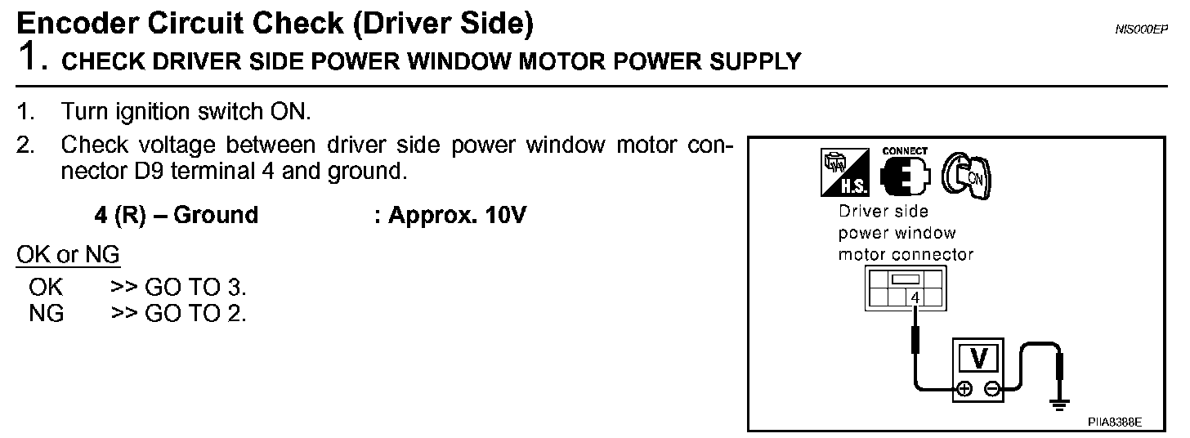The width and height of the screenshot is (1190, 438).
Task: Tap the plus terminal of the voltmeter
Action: pos(965,390)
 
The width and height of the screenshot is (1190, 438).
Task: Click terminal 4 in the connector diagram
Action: pos(915,298)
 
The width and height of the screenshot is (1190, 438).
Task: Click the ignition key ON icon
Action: pos(969,175)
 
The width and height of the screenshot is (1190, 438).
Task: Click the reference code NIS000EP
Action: pos(1142,29)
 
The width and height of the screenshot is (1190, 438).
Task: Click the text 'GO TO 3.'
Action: pos(195,287)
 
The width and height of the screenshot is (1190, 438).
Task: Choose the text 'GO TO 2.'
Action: pos(195,313)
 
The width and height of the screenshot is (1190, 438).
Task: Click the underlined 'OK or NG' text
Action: pos(69,255)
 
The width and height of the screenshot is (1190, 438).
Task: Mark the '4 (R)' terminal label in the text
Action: pos(119,216)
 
